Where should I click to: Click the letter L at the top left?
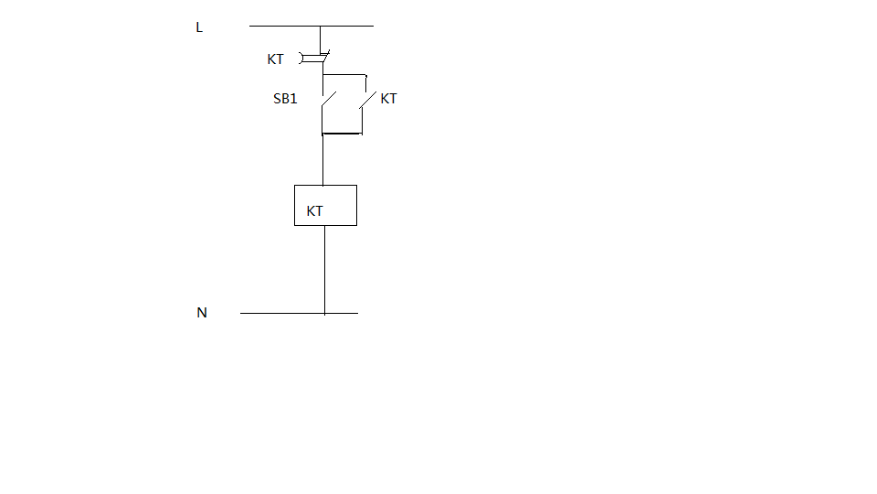[199, 27]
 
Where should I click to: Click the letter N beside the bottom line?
[202, 313]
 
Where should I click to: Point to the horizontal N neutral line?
[274, 313]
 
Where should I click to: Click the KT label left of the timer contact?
[275, 59]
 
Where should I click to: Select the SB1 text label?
[285, 99]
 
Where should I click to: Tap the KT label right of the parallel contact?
[388, 99]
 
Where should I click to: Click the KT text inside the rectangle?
[315, 211]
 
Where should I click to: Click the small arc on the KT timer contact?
[301, 59]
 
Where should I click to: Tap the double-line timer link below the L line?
[314, 59]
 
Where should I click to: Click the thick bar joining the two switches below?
[342, 134]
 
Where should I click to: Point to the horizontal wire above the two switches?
[344, 74]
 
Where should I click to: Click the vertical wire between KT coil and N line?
[325, 270]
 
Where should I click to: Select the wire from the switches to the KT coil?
[323, 160]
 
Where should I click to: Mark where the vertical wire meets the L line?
[321, 26]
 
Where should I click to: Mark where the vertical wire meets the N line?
[325, 313]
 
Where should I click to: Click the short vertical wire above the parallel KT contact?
[365, 82]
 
